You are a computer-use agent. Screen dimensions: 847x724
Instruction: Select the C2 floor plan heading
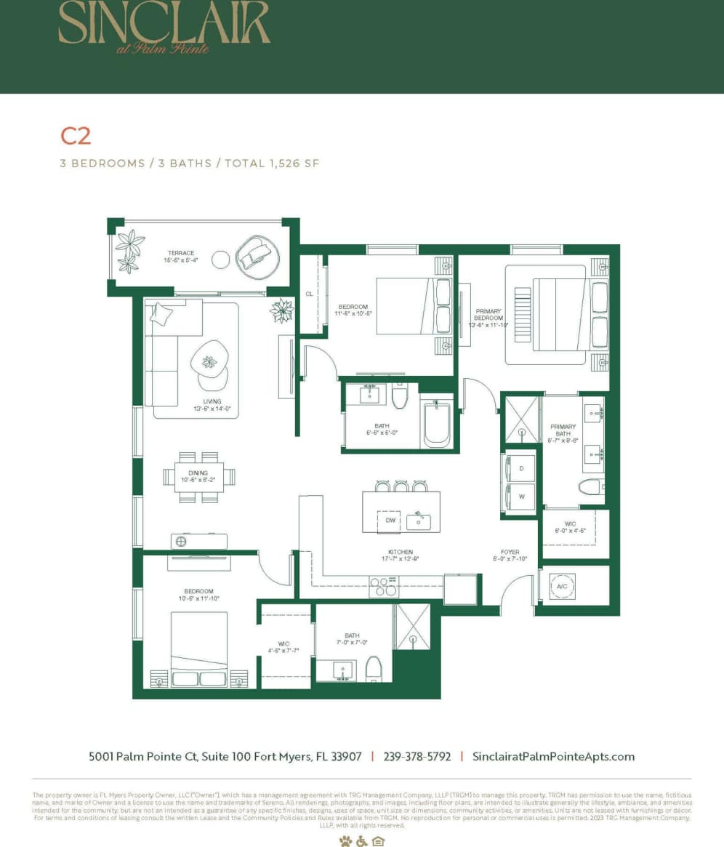click(76, 136)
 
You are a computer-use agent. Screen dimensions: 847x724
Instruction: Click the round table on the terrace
click(221, 258)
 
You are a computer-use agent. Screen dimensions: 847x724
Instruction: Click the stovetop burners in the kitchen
click(383, 586)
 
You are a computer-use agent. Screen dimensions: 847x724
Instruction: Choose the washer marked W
click(520, 497)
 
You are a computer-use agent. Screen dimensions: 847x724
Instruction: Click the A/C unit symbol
click(561, 585)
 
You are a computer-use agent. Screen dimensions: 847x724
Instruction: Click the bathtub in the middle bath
click(437, 424)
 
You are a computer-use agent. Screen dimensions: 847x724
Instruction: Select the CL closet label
click(309, 294)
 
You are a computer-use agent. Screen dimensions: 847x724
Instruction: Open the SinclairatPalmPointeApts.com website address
click(553, 756)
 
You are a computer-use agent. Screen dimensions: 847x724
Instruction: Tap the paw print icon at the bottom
click(345, 841)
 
